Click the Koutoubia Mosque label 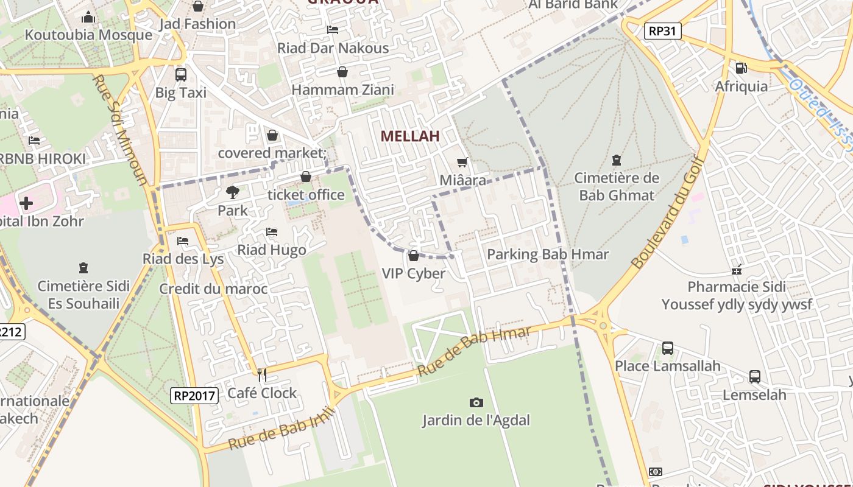[x=88, y=35]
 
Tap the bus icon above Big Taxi [x=181, y=75]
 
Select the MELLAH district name [x=410, y=136]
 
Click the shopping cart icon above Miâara [x=462, y=162]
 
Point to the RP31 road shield [x=663, y=31]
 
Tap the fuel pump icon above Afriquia [x=742, y=68]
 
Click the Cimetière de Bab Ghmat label [x=617, y=187]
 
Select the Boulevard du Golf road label [x=668, y=212]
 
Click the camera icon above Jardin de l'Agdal [x=476, y=402]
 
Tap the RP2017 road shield [x=194, y=396]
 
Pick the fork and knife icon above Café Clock [x=262, y=375]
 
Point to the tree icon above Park [x=233, y=192]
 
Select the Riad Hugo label [x=272, y=250]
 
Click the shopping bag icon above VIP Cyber [x=414, y=256]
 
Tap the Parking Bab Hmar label [x=548, y=254]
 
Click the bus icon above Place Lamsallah [x=668, y=348]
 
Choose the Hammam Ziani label [x=343, y=90]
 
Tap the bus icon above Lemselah [x=755, y=377]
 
